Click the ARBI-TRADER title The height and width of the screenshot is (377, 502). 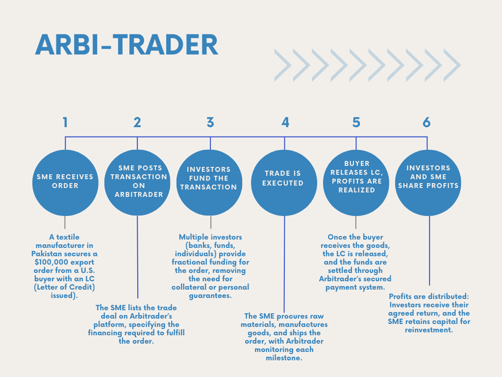point(126,45)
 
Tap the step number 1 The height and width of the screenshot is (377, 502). point(65,122)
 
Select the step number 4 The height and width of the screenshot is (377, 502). point(285,122)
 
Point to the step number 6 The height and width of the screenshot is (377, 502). point(427,122)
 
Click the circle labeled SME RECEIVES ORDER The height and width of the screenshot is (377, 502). point(65,183)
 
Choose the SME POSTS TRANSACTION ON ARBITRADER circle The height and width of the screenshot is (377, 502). point(137,183)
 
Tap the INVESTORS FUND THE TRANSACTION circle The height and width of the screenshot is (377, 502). point(209,183)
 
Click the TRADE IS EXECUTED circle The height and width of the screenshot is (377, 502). point(284,183)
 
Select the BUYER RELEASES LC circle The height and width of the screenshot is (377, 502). point(356,183)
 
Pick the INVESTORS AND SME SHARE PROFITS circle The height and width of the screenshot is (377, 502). point(428,183)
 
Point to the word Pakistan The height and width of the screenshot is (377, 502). point(46,254)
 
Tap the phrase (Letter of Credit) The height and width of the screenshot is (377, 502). point(64,287)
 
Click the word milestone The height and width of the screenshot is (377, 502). point(284,358)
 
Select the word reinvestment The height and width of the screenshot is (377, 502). point(429,330)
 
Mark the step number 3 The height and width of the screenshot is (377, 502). point(210,122)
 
